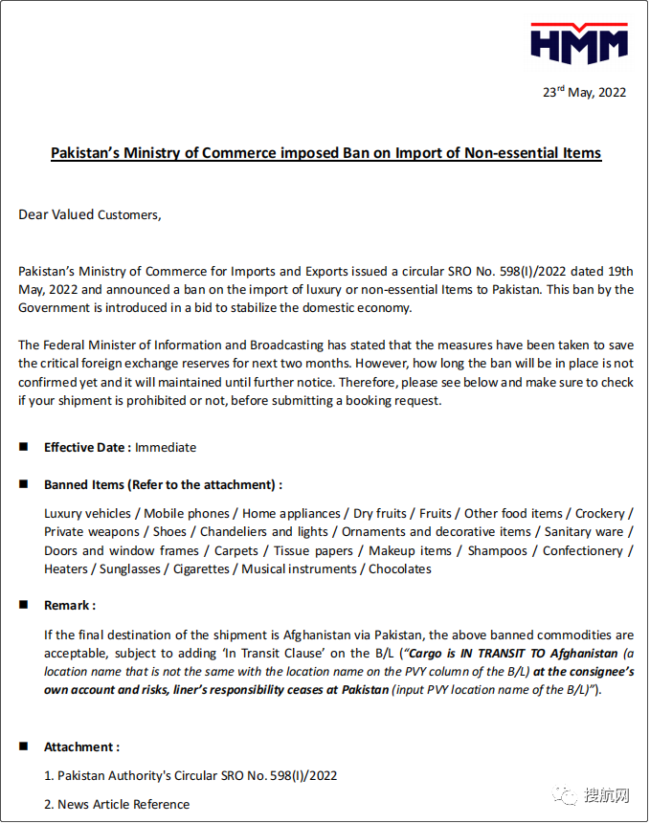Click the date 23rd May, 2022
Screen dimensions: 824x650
pos(584,93)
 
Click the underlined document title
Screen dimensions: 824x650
pos(325,153)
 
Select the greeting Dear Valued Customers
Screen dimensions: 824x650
pos(90,215)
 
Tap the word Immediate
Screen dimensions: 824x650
pos(166,447)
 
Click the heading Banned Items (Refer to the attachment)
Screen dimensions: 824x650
pos(163,484)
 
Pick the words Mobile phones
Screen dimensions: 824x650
pos(187,514)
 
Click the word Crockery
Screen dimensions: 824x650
pos(600,514)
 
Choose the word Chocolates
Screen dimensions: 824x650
pos(399,568)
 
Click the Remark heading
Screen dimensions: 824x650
pos(69,606)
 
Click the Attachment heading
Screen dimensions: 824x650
pos(81,746)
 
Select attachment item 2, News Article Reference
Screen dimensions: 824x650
pos(117,804)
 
